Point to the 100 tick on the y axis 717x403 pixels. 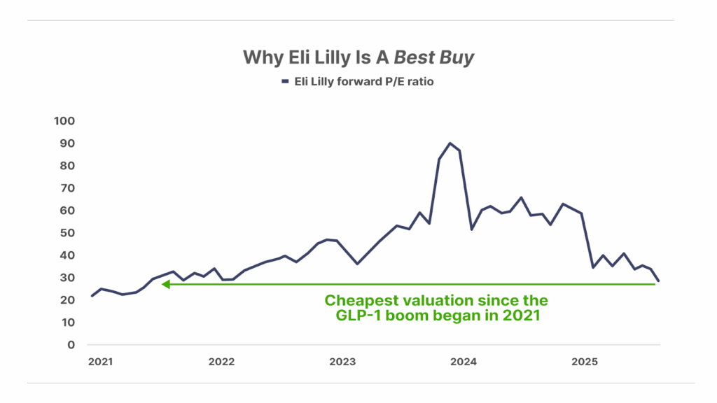click(x=64, y=121)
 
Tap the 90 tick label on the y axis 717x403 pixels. click(x=67, y=143)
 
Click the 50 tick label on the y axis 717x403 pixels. click(x=67, y=233)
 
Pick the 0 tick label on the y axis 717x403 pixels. click(x=71, y=345)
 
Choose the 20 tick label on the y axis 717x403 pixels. click(x=67, y=300)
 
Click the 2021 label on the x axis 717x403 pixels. click(x=100, y=362)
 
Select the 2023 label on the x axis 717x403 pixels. click(x=342, y=362)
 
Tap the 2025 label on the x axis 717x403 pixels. click(x=585, y=362)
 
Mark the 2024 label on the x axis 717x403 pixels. click(x=464, y=362)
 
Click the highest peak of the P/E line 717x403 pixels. click(x=450, y=143)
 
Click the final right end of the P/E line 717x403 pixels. click(x=659, y=281)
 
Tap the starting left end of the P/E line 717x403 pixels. click(x=92, y=296)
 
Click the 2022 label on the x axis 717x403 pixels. click(x=221, y=362)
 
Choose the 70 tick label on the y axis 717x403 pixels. click(x=67, y=188)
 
